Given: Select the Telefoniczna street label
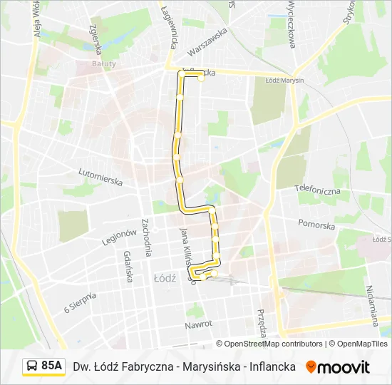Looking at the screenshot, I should pos(317,190).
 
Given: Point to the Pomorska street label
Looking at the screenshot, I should pos(316,225).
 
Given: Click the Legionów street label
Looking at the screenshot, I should pos(118,237).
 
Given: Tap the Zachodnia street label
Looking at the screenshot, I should pos(146,237).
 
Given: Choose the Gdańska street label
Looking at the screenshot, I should pos(128,267).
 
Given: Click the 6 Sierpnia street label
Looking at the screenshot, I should pos(80,303).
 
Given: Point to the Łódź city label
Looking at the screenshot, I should pos(164,278).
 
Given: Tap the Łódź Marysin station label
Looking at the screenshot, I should pos(284,80).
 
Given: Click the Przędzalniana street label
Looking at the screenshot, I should pos(262,323).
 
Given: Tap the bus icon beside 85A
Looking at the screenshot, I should pos(32,366).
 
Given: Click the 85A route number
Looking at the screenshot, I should pos(51,366).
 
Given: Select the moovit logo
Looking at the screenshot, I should pos(338,367).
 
